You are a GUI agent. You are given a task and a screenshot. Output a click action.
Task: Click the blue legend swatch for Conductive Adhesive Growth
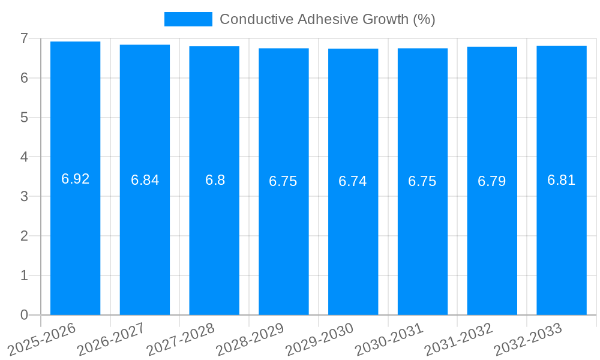188,19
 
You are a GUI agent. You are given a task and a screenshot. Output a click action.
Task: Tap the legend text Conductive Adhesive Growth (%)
327,19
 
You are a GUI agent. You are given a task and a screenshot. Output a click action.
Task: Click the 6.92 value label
75,179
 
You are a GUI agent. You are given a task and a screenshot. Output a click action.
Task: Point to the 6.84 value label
145,180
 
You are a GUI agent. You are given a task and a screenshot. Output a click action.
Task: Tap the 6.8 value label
215,180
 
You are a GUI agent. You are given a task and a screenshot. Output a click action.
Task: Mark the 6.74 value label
353,182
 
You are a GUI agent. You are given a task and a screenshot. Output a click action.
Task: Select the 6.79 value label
492,181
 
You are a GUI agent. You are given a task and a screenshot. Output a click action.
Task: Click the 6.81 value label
562,180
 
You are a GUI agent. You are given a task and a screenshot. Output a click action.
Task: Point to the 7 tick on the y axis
24,38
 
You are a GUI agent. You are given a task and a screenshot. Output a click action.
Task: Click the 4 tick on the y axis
24,157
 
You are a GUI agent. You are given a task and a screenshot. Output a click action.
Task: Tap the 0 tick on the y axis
24,315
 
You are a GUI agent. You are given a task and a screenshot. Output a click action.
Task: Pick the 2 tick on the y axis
24,236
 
